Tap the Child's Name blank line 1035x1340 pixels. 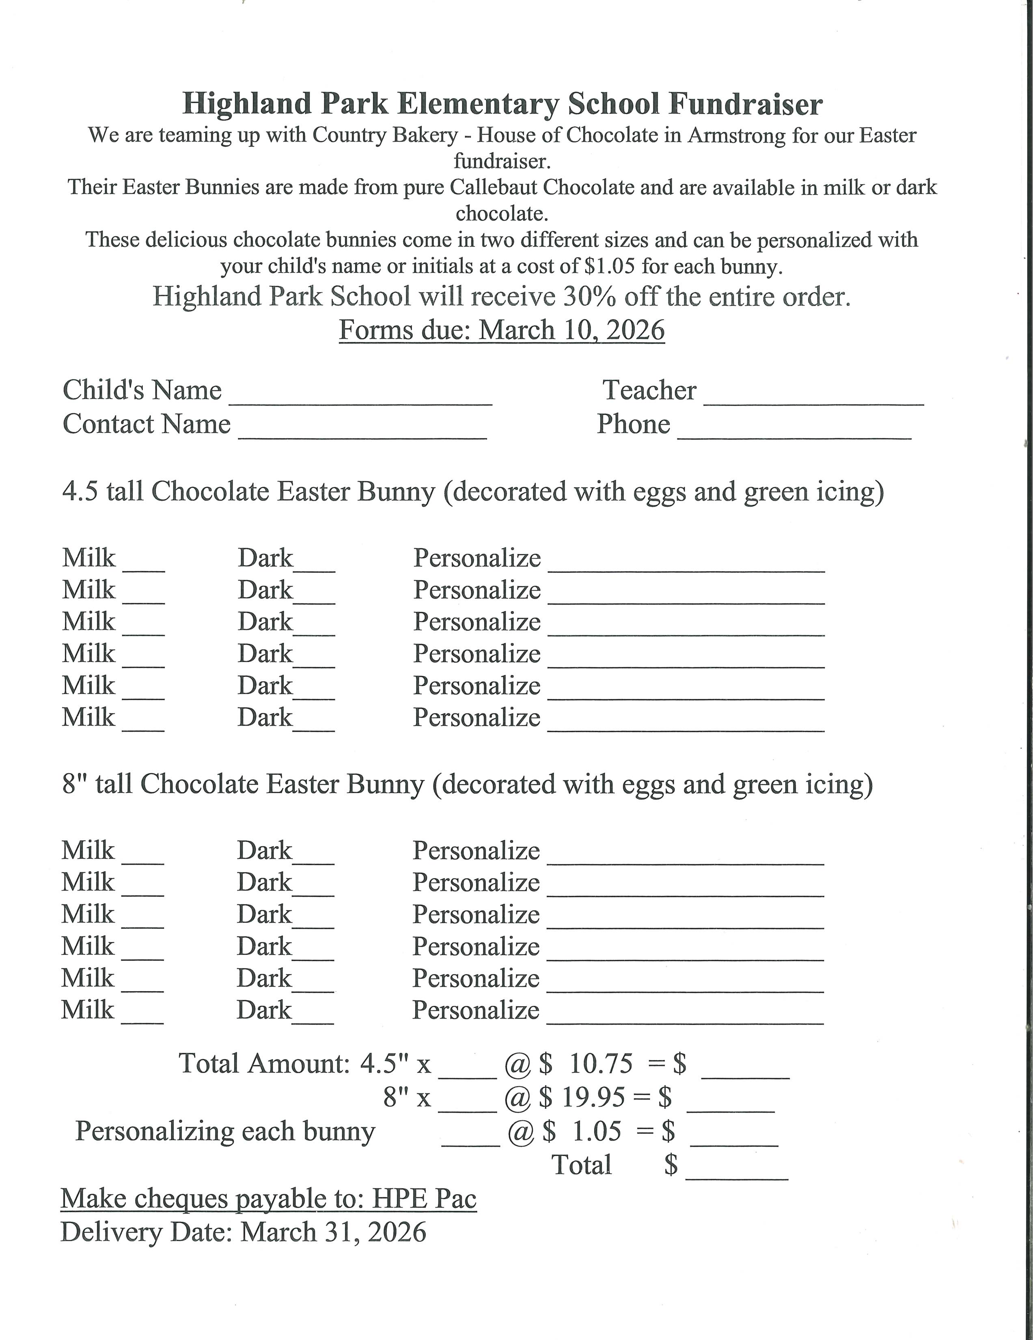point(360,398)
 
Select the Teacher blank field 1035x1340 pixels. point(814,398)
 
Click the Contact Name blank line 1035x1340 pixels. point(362,431)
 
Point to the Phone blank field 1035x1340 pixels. point(795,431)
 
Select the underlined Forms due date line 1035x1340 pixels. point(502,330)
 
